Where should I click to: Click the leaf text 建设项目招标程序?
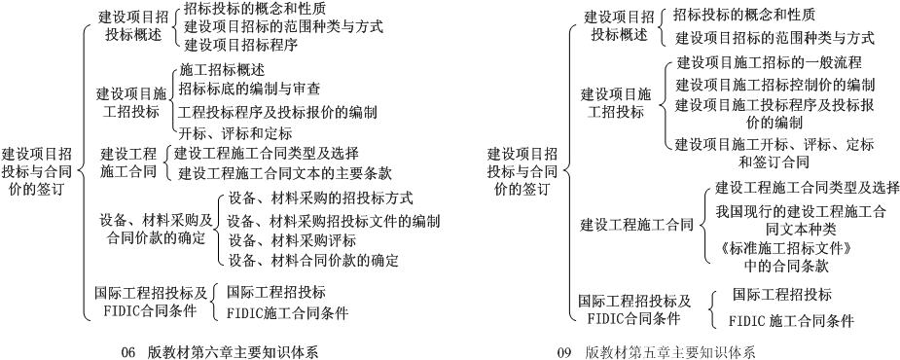point(240,44)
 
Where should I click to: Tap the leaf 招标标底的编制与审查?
point(249,89)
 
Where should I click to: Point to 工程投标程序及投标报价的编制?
point(277,111)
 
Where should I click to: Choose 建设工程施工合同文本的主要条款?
point(286,173)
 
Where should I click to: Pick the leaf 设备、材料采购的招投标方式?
point(321,198)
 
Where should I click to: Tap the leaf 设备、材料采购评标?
point(292,239)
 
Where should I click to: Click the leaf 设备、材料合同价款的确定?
point(313,260)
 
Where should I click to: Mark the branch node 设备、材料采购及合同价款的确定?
point(157,228)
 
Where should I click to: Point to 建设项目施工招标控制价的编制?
point(775,85)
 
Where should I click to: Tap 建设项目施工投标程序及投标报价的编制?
point(774,114)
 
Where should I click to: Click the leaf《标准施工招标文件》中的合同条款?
point(788,256)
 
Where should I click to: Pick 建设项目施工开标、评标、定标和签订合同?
point(774,153)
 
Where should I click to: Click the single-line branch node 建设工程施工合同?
point(636,225)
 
